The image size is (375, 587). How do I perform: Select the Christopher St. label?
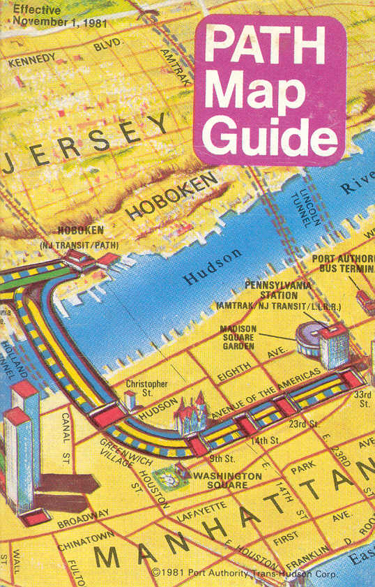coord(146,388)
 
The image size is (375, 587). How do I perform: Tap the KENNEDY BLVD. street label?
coord(66,54)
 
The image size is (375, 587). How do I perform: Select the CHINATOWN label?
coord(80,539)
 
